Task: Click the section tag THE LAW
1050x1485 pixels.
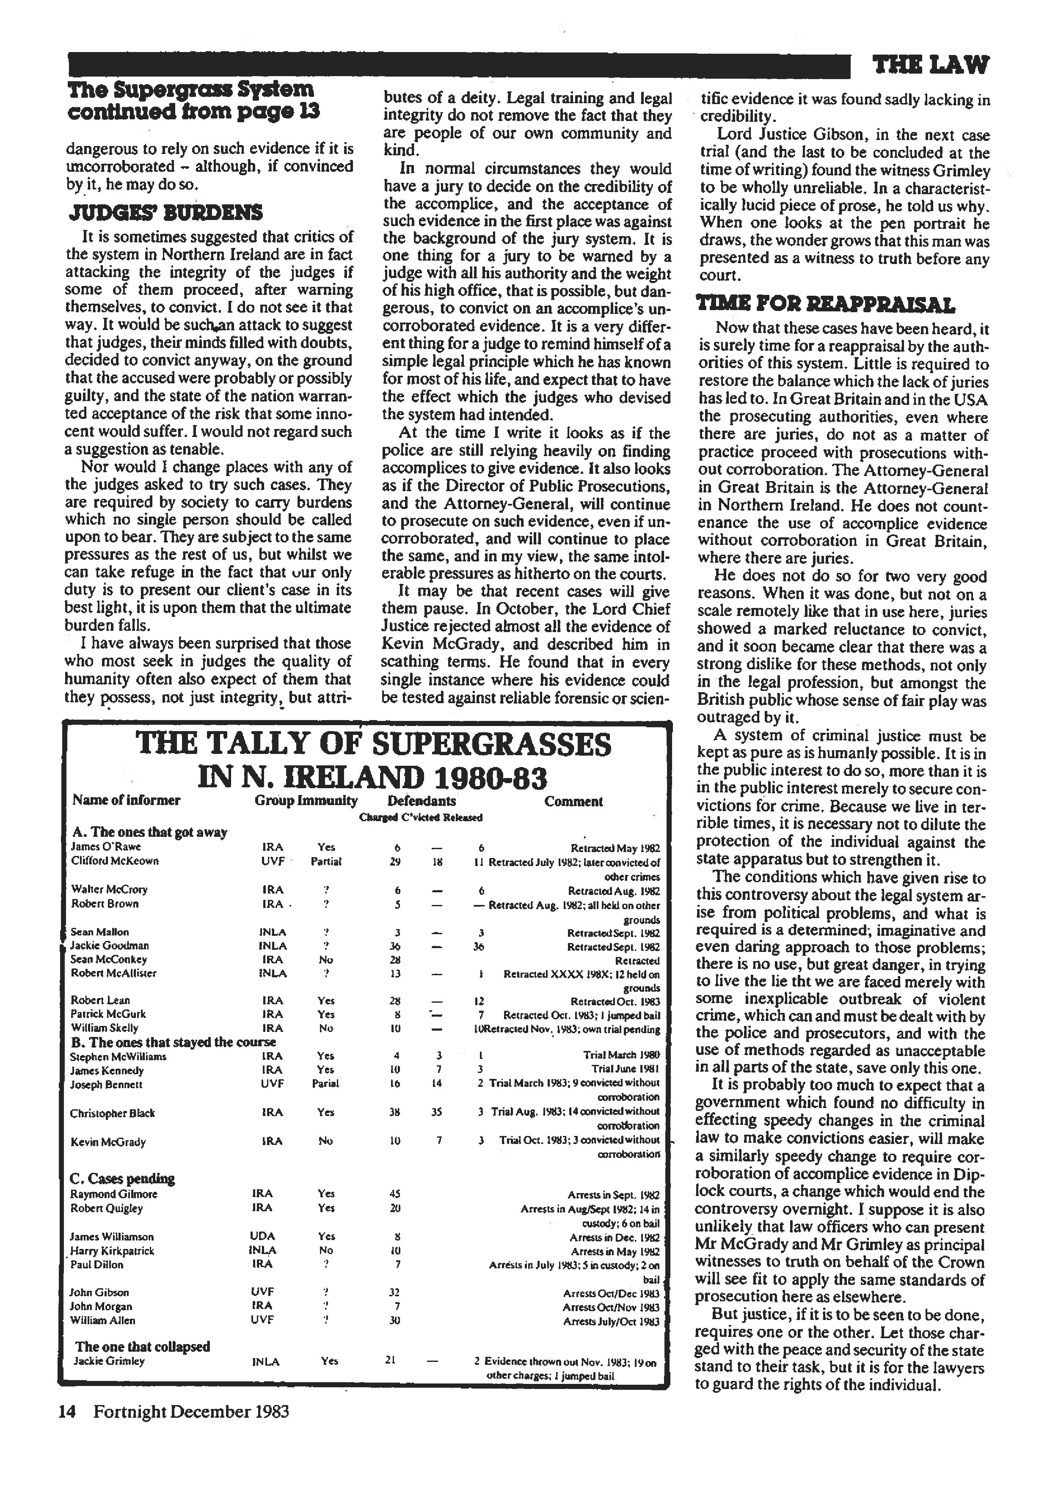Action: click(930, 65)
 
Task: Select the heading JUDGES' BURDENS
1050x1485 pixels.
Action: click(165, 213)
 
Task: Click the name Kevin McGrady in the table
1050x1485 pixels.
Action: click(108, 1142)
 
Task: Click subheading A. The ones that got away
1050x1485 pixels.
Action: click(149, 832)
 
